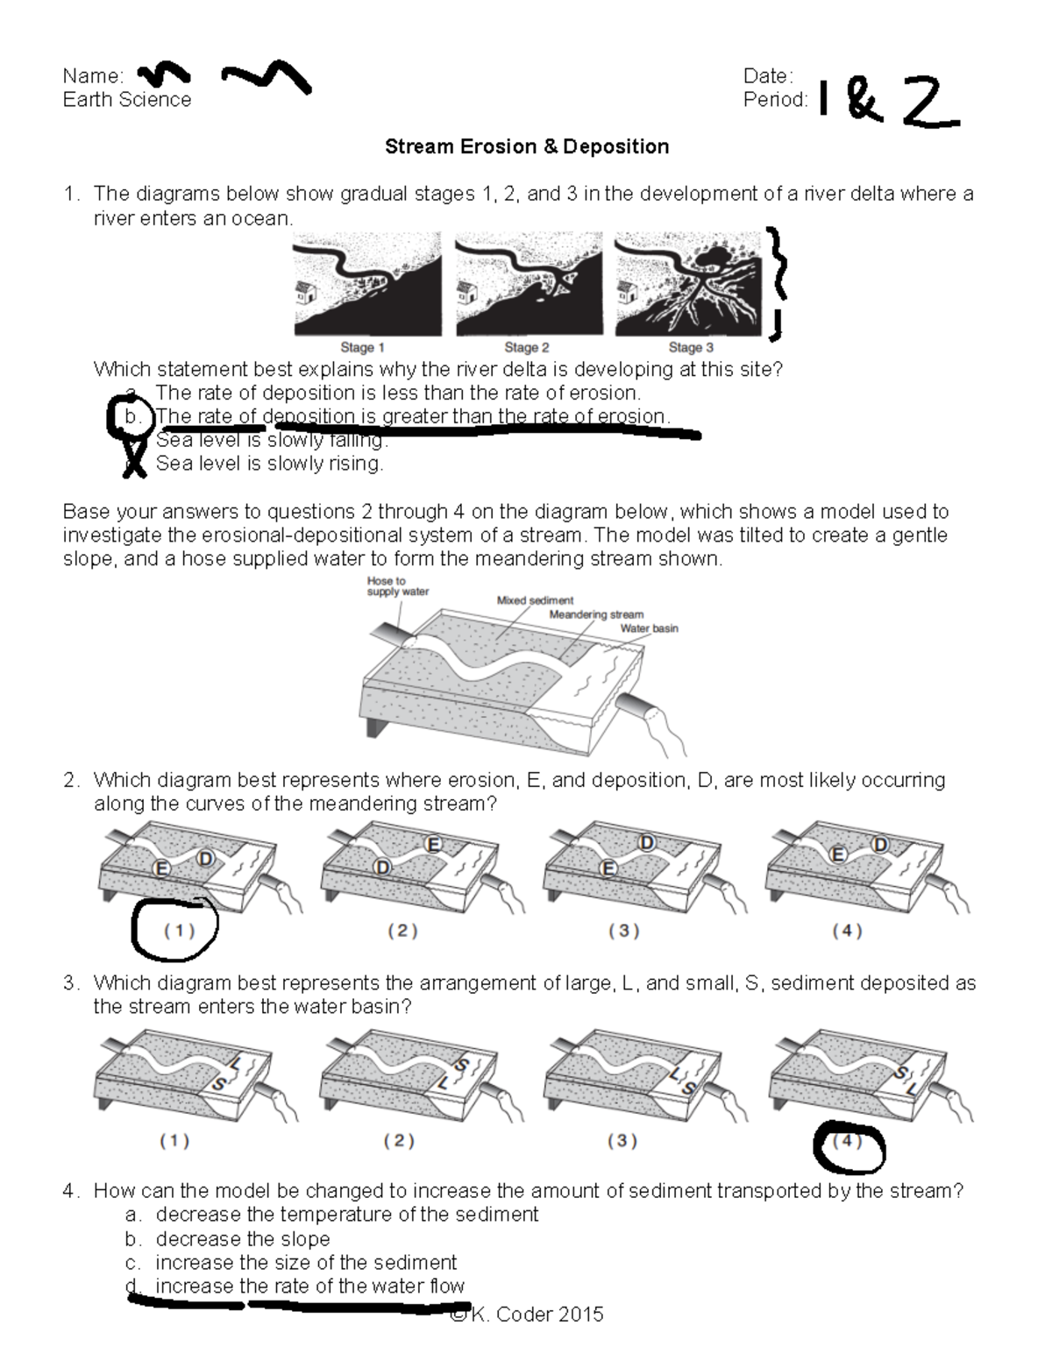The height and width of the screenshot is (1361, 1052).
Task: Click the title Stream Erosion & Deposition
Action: click(526, 146)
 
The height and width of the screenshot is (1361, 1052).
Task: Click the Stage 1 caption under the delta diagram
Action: click(362, 347)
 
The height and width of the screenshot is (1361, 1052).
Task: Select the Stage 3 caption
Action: click(691, 347)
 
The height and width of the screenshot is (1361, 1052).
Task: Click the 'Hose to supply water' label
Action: click(397, 586)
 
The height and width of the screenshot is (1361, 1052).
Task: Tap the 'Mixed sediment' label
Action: click(535, 600)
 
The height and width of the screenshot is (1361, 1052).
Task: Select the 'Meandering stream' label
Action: click(596, 614)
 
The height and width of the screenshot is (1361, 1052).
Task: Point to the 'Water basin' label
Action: click(649, 628)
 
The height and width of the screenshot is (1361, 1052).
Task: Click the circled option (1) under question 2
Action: click(178, 932)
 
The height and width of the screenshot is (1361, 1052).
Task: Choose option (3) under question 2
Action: click(623, 931)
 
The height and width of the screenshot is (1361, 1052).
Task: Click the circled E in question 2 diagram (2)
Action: click(432, 844)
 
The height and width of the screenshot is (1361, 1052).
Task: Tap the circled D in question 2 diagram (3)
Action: click(647, 843)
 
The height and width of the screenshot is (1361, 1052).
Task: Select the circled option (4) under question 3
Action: click(848, 1142)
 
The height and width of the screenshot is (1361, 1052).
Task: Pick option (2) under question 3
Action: click(399, 1141)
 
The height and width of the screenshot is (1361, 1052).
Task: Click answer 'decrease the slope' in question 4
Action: click(242, 1239)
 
